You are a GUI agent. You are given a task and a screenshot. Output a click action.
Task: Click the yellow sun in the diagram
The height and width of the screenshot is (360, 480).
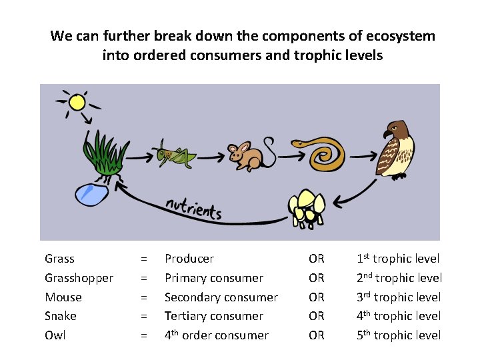pos(77,102)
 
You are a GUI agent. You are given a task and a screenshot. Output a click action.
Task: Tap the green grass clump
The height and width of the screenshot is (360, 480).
pos(103,154)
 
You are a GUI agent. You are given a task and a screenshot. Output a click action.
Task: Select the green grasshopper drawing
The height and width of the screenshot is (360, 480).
pos(174,155)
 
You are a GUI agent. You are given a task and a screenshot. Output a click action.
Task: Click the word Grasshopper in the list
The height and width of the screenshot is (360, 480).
pos(79,277)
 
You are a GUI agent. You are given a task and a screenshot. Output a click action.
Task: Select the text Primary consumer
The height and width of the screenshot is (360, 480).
pos(213,277)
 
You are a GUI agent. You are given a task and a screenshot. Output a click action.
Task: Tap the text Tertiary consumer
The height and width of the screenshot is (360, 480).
pos(213,316)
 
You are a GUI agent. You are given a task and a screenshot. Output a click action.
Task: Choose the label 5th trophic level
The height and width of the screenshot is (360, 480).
pos(399,335)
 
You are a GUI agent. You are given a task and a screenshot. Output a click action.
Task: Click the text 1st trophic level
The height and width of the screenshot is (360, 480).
pos(398,258)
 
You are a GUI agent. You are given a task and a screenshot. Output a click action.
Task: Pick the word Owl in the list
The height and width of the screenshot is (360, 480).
pos(55,335)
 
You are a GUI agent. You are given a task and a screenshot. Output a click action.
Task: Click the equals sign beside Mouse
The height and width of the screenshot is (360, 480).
pos(143,297)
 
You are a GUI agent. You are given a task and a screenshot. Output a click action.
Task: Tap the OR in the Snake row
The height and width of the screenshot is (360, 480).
pos(316,316)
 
